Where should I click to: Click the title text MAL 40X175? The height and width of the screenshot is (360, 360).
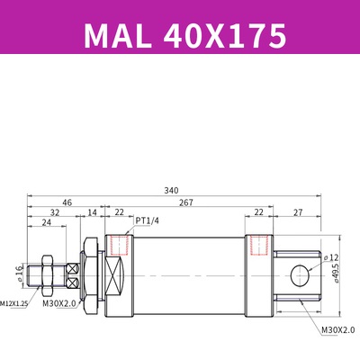[184, 35]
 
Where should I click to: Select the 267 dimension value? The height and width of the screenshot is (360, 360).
[185, 202]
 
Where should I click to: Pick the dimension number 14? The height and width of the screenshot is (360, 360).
[91, 214]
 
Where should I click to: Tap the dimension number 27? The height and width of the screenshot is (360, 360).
[297, 214]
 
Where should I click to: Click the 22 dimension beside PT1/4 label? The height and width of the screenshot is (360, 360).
[119, 214]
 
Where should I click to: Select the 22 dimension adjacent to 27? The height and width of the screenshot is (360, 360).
[259, 214]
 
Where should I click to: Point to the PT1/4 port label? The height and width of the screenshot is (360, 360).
[148, 220]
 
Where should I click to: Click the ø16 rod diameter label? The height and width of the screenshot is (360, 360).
[18, 273]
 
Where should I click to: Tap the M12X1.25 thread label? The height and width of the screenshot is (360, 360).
[13, 304]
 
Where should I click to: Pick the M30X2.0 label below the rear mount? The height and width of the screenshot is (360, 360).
[337, 330]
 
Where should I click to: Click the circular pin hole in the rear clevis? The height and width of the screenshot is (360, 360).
[298, 275]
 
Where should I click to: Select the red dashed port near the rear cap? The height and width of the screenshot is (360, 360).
[259, 246]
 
